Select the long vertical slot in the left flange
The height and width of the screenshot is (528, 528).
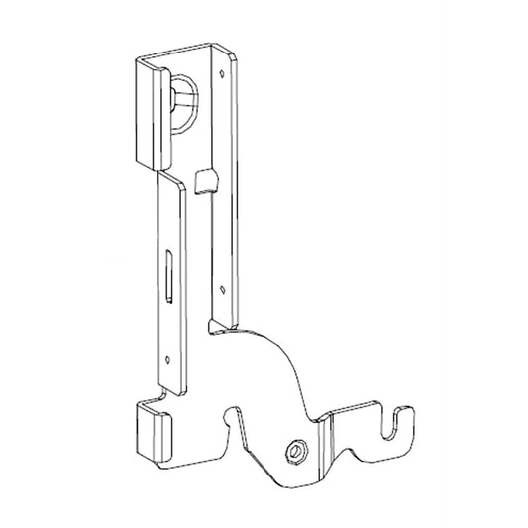coord(169,274)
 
